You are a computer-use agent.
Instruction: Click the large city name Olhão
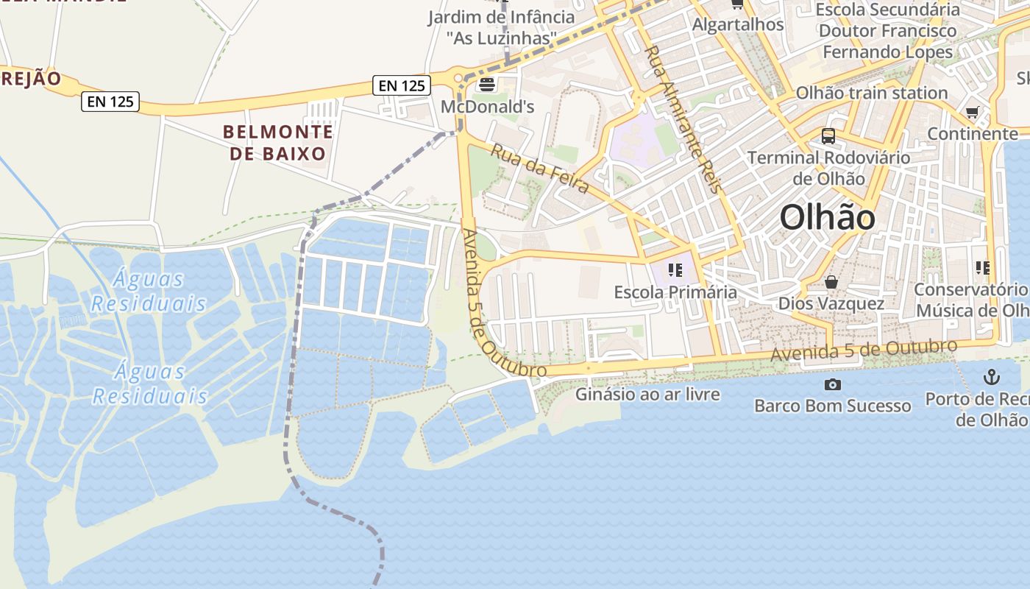click(828, 217)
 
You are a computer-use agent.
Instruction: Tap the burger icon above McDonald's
click(487, 85)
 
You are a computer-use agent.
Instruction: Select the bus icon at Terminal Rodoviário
click(828, 136)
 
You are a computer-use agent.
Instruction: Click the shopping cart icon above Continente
click(973, 113)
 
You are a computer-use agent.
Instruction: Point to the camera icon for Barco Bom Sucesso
click(833, 384)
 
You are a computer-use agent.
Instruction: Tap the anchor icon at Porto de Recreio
click(992, 378)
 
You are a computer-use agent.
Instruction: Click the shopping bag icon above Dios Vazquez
click(831, 282)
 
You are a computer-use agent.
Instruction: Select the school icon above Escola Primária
click(675, 270)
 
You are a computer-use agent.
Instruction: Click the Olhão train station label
click(872, 93)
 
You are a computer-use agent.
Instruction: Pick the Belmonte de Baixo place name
click(277, 143)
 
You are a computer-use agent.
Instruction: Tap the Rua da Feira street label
click(539, 169)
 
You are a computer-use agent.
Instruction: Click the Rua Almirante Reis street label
click(683, 119)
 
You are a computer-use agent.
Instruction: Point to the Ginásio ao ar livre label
click(647, 394)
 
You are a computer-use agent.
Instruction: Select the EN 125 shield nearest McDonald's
click(402, 85)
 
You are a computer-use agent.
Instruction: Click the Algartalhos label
click(738, 24)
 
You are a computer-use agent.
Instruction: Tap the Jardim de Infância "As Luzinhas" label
click(502, 27)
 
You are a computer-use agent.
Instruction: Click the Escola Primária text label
click(675, 292)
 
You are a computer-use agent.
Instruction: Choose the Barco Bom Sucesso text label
click(832, 406)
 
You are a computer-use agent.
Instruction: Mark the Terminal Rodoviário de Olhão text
click(828, 168)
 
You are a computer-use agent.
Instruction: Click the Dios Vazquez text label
click(831, 303)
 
